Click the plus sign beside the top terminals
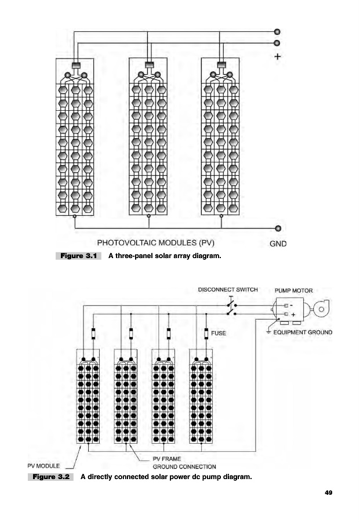(x=278, y=57)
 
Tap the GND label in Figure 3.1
(x=278, y=244)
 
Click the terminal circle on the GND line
(x=278, y=228)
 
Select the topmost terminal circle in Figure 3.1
(x=277, y=31)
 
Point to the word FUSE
(x=219, y=333)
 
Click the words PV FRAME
(x=166, y=459)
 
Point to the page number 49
(x=328, y=492)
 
